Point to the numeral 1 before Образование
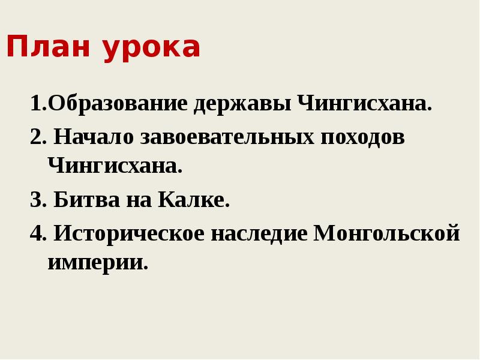35,104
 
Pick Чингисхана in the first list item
364,104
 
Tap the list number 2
35,137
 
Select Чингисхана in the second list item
114,166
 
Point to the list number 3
35,200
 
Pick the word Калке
194,200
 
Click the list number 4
35,233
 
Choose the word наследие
259,233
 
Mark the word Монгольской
387,233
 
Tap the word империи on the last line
97,262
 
